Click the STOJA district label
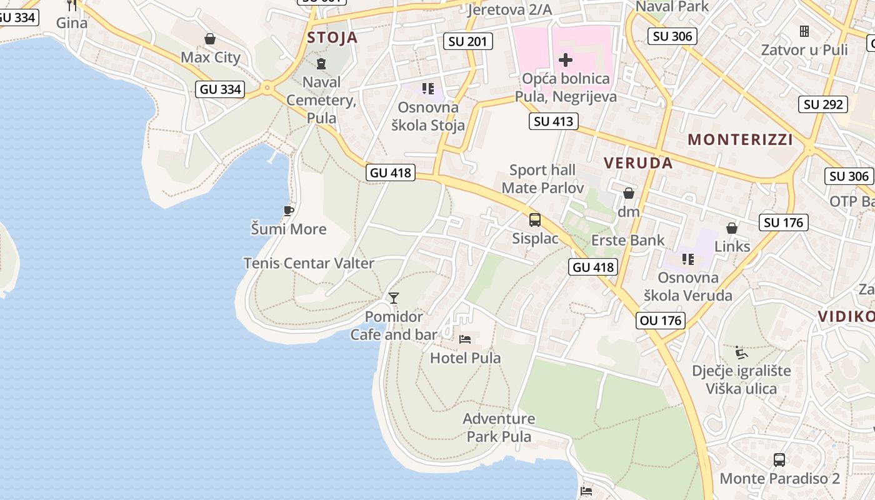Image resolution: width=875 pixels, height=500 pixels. click(332, 37)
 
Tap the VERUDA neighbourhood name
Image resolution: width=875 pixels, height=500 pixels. click(638, 163)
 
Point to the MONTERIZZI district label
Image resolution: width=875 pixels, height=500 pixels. click(740, 139)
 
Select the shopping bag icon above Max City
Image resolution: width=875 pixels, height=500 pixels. click(210, 39)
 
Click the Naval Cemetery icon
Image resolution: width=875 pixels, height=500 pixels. click(321, 63)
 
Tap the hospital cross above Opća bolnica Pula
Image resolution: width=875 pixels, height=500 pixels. click(565, 60)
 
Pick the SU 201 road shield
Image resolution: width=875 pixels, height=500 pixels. click(468, 42)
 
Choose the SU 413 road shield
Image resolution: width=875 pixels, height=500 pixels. click(554, 121)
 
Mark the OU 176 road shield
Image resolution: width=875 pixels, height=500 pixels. click(661, 321)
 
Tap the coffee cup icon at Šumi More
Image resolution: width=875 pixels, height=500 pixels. click(288, 211)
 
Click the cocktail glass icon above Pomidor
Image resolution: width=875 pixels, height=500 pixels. click(394, 297)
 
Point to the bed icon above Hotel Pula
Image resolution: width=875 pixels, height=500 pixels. click(465, 339)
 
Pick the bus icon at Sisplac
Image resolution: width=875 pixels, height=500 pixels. click(535, 220)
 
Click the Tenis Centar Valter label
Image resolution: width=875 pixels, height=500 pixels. click(309, 263)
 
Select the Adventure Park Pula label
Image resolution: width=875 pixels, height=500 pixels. click(499, 427)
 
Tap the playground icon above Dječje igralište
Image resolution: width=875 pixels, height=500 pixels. click(741, 352)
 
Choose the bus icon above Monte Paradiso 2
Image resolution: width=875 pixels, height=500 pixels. click(779, 460)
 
